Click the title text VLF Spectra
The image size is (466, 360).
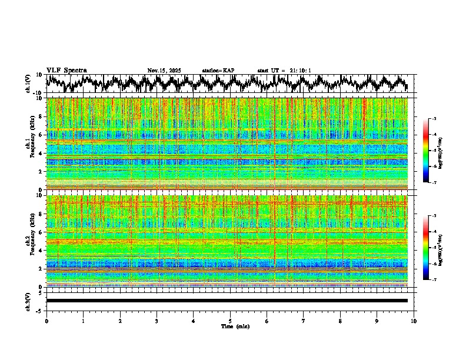66,70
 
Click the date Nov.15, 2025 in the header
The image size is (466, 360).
164,71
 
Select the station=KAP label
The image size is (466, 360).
218,71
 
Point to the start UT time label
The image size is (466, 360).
284,71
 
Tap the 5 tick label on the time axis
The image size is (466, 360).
230,321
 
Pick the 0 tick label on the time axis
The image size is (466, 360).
46,321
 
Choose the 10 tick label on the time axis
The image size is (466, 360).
414,321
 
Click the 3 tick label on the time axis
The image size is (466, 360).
157,321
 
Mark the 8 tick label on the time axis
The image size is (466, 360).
340,321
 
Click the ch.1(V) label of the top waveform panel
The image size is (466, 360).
28,84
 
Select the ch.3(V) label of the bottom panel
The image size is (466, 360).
28,301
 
